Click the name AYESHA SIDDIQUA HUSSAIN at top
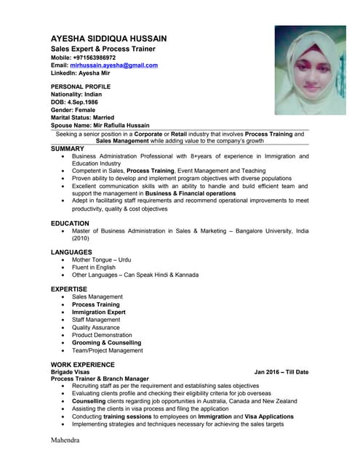tap(119, 38)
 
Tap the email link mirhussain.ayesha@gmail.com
tap(119, 65)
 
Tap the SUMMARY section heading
tap(68, 148)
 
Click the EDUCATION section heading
tap(70, 224)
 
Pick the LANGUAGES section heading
tap(71, 251)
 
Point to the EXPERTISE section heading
tap(68, 289)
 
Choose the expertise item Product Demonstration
tap(107, 335)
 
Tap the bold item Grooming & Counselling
tap(106, 343)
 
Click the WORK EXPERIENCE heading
tap(82, 364)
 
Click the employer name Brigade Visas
tap(71, 372)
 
